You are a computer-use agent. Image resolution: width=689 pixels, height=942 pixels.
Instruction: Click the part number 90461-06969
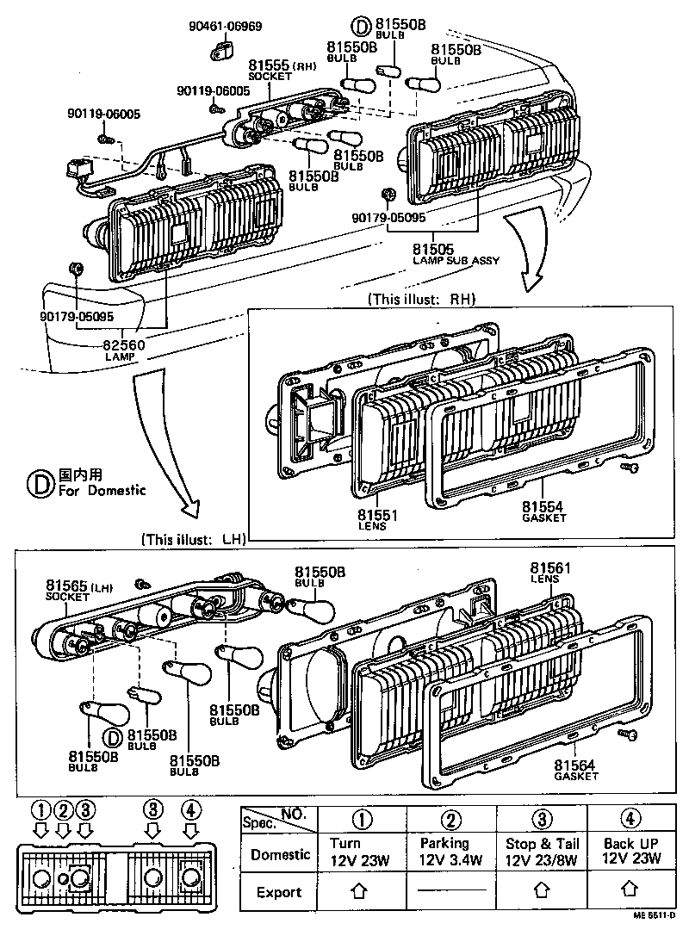point(226,26)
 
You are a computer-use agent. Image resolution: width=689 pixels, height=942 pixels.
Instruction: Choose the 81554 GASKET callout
point(544,511)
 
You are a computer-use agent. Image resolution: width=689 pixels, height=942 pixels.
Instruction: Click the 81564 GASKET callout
point(576,769)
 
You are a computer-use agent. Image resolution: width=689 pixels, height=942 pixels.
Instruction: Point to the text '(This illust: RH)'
point(421,300)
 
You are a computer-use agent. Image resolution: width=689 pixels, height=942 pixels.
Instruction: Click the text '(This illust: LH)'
point(194,540)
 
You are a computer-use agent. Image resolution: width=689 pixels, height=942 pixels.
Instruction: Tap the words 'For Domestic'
point(102,491)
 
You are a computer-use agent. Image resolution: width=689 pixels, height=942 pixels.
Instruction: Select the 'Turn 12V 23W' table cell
point(362,851)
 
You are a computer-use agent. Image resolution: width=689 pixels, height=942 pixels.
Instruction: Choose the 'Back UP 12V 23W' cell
point(630,851)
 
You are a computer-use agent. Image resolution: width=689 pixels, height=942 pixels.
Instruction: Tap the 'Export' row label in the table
point(278,892)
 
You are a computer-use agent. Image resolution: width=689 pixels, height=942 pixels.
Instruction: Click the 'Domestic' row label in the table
point(280,854)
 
